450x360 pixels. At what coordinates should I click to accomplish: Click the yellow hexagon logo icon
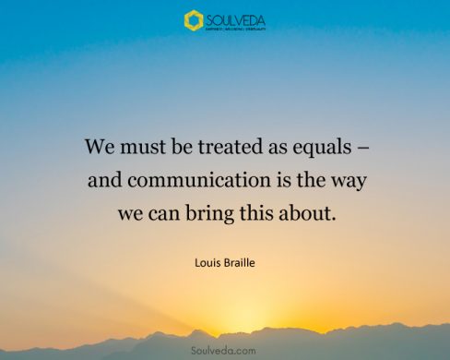193,20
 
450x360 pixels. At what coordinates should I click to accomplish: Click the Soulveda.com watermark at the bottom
225,350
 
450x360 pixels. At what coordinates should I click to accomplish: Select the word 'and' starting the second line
102,180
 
